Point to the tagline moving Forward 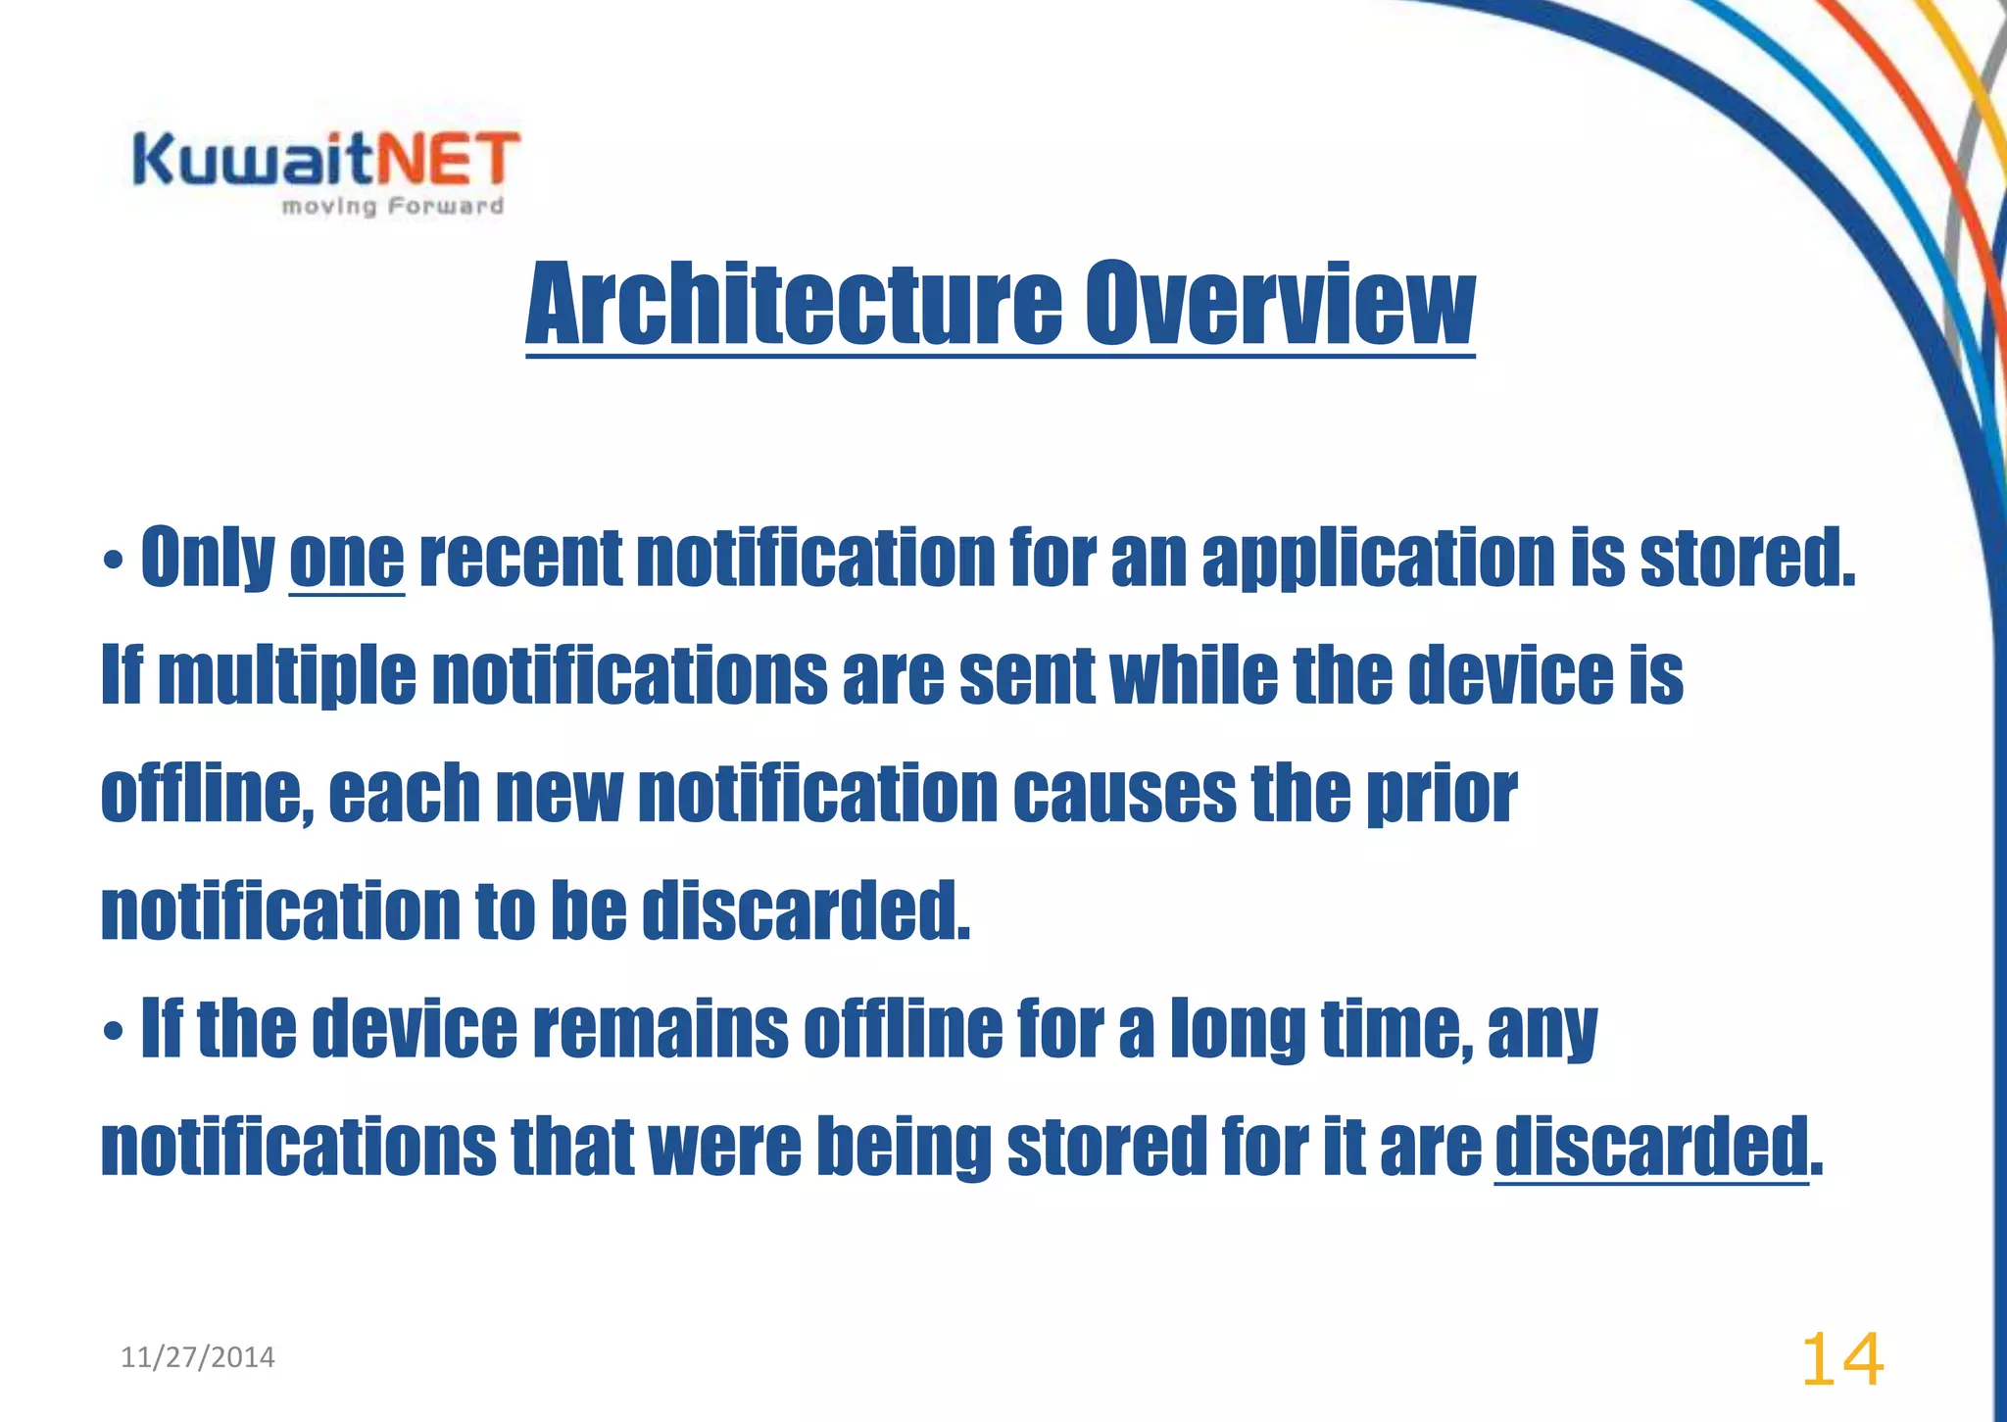coord(392,206)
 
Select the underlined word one coord(346,559)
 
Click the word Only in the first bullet coord(208,559)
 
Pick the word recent coord(519,559)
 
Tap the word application coord(1378,559)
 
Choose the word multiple coord(286,676)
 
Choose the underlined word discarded coord(1650,1147)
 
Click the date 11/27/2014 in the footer coord(197,1357)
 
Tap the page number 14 coord(1841,1360)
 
